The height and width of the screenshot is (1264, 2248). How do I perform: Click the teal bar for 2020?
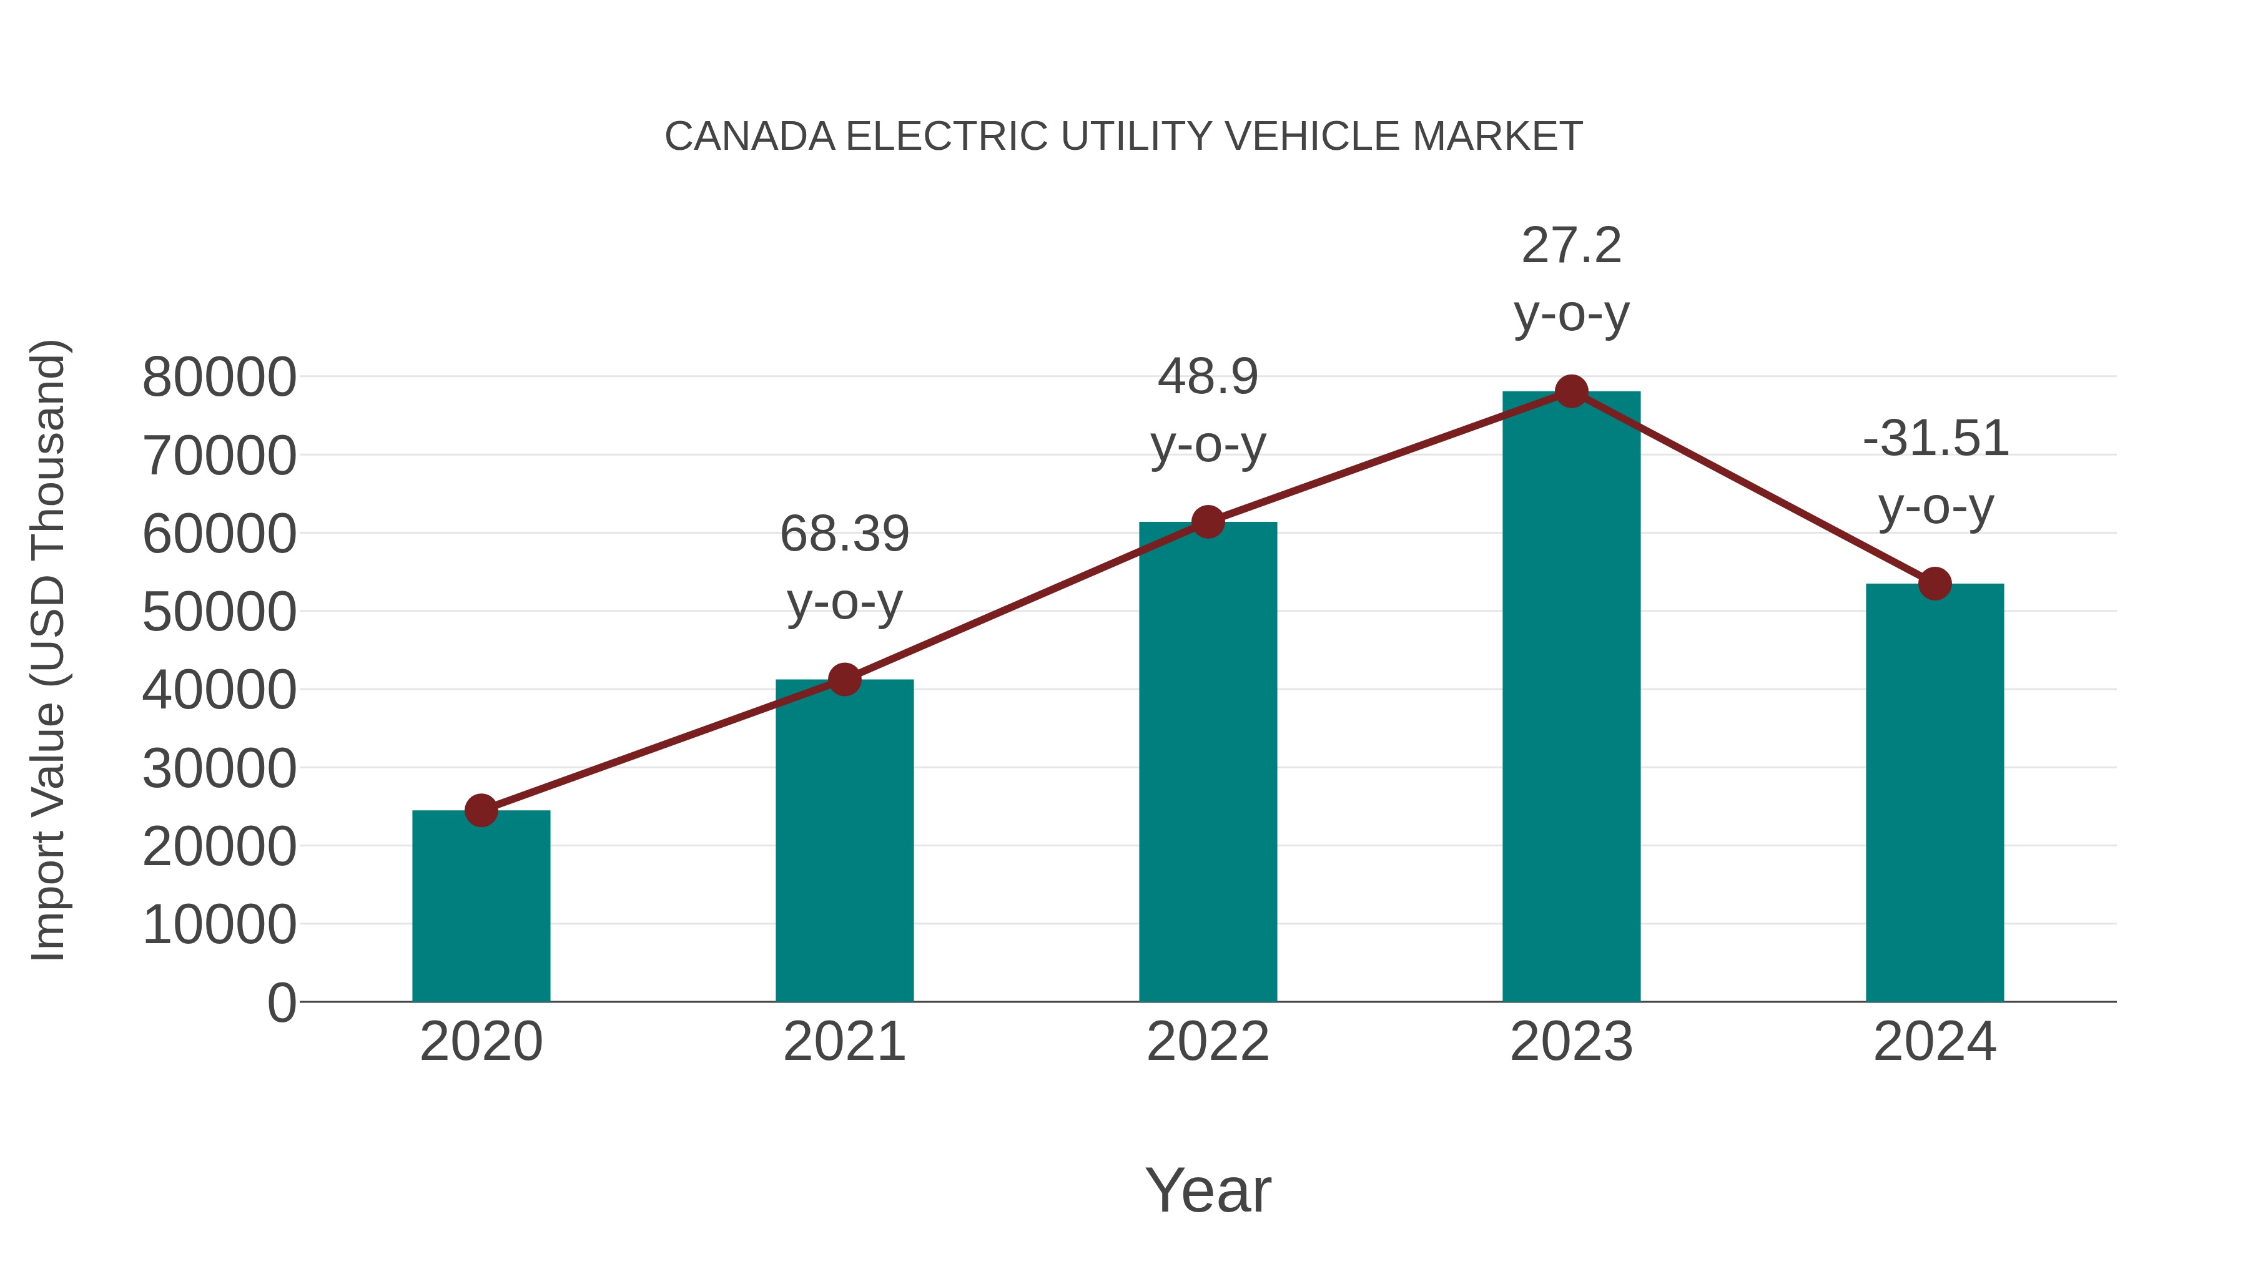pyautogui.click(x=481, y=907)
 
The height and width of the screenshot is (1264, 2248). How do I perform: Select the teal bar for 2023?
pyautogui.click(x=1571, y=698)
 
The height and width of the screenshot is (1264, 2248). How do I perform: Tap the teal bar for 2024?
pyautogui.click(x=1935, y=794)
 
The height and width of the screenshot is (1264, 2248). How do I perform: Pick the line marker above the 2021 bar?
pyautogui.click(x=844, y=680)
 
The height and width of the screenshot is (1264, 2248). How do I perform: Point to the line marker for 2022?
pyautogui.click(x=1208, y=522)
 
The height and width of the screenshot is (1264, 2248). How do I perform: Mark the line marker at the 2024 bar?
pyautogui.click(x=1935, y=584)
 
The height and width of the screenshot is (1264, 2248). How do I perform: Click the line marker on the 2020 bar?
pyautogui.click(x=481, y=810)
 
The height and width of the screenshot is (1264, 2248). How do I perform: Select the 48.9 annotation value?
pyautogui.click(x=1208, y=377)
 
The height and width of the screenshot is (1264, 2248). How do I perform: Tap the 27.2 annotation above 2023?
pyautogui.click(x=1571, y=246)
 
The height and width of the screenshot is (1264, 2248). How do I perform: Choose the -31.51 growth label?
pyautogui.click(x=1935, y=438)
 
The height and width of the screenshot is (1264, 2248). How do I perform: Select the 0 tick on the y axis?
pyautogui.click(x=282, y=1003)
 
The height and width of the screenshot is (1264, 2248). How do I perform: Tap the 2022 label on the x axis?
pyautogui.click(x=1208, y=1042)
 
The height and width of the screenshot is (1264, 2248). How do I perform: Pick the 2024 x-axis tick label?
pyautogui.click(x=1935, y=1042)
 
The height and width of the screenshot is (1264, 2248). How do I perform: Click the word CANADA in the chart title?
pyautogui.click(x=749, y=137)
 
